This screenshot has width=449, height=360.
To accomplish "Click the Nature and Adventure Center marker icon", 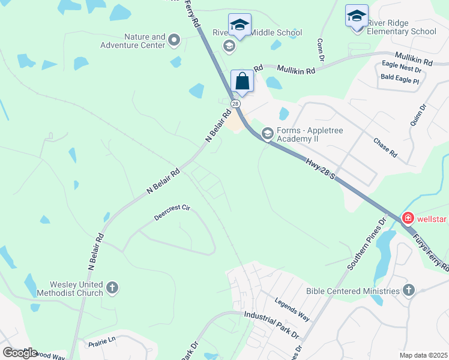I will click(x=175, y=41).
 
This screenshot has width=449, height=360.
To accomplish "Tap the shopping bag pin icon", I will click(x=242, y=82).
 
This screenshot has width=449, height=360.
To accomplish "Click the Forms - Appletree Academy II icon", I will click(x=268, y=133).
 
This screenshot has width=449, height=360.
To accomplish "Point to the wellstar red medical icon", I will click(x=408, y=218).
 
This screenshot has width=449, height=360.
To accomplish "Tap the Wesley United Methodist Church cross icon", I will click(x=112, y=289).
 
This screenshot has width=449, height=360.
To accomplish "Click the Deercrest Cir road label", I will click(x=172, y=212).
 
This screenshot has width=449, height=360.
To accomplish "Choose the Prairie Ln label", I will click(x=101, y=341).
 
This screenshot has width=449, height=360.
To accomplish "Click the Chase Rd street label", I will click(x=385, y=148).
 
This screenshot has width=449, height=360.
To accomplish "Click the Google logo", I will click(x=20, y=353).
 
